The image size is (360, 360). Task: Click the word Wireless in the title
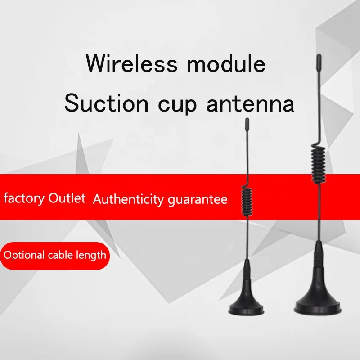coord(132,63)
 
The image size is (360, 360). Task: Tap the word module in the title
coord(226,63)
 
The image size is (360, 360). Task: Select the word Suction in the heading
coord(107,103)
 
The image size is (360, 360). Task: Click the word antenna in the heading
coord(250,104)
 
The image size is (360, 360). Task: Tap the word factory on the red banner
coord(24,198)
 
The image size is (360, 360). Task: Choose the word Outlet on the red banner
coord(67,198)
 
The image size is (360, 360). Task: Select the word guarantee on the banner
coord(198,200)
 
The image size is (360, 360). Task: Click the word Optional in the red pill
coord(24,255)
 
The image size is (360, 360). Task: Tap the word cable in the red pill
coord(61,255)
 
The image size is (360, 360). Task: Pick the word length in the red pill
coord(91,255)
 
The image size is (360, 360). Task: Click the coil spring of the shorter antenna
coord(247,200)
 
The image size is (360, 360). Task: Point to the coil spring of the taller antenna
coord(319,163)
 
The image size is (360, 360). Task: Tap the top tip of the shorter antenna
coord(247,119)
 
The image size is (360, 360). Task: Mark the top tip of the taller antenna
coord(319,55)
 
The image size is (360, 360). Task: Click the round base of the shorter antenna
coord(246,308)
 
